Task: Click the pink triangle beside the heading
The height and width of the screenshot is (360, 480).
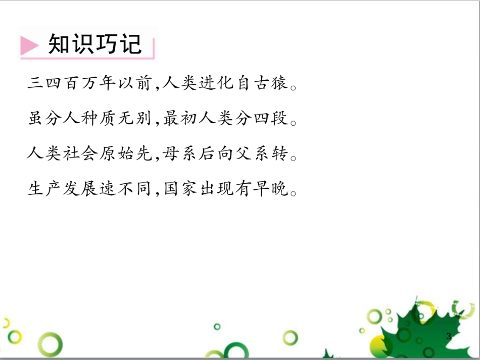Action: point(29,46)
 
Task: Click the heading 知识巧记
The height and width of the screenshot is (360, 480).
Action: point(95,44)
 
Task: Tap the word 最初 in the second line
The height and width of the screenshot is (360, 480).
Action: point(178,119)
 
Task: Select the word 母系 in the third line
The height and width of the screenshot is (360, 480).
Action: point(178,154)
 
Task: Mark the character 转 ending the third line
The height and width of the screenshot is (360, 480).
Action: point(281,154)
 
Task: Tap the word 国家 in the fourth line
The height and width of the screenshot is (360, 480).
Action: point(178,189)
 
